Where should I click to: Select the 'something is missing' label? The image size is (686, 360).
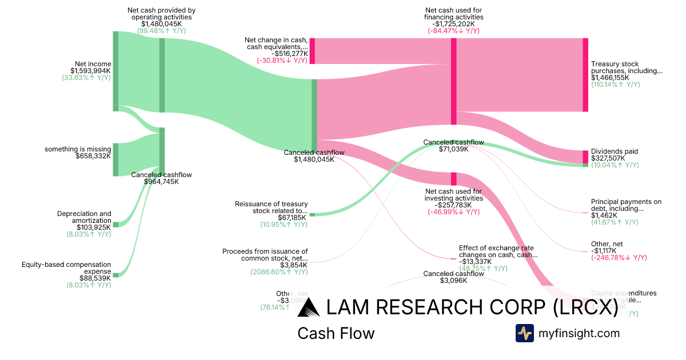click(78, 149)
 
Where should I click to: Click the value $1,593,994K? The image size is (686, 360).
click(87, 71)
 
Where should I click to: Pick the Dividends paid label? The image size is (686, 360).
click(615, 151)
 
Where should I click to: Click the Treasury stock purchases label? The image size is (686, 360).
click(627, 67)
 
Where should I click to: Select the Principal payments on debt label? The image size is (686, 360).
click(626, 205)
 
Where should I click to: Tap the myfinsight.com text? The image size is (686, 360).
click(579, 333)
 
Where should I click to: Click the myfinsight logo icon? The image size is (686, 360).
click(524, 333)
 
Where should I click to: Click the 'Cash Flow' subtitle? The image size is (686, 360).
click(336, 334)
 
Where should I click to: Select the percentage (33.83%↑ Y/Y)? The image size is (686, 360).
click(86, 78)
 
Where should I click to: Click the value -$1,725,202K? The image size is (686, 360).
click(454, 24)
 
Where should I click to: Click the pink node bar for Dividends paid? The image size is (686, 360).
click(585, 157)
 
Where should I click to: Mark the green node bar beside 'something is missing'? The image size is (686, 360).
click(115, 159)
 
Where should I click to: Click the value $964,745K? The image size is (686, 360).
click(161, 182)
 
